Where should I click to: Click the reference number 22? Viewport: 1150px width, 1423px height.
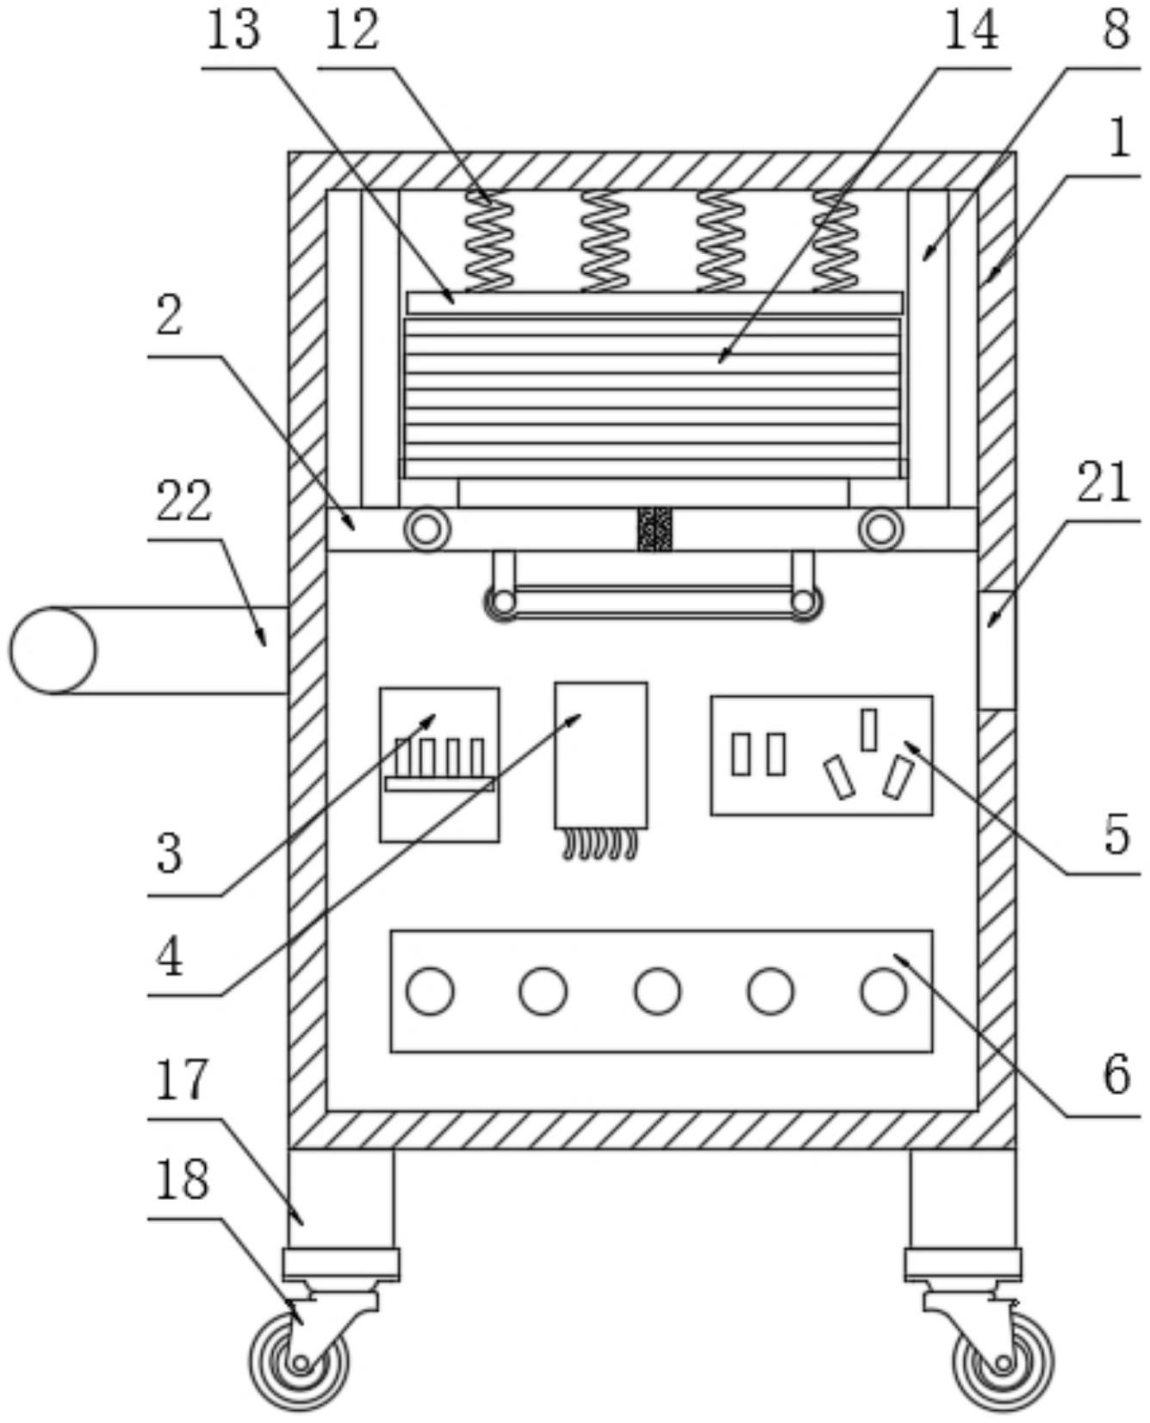click(x=183, y=501)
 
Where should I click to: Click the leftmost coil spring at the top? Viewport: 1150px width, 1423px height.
click(x=488, y=241)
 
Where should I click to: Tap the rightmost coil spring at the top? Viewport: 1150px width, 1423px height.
click(x=836, y=241)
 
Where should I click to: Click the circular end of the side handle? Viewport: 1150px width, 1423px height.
click(x=53, y=650)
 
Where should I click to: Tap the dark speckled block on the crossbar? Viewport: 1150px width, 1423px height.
click(x=655, y=528)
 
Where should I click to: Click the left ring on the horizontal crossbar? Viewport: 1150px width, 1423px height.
click(x=426, y=528)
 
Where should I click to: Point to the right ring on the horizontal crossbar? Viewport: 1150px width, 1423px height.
click(x=880, y=528)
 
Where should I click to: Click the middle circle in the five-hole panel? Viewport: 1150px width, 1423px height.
click(x=656, y=991)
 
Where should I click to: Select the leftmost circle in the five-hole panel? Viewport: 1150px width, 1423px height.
click(x=430, y=991)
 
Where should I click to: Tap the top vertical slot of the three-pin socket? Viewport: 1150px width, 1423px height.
click(x=869, y=729)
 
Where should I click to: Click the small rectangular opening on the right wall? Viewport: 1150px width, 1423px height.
click(x=997, y=649)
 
